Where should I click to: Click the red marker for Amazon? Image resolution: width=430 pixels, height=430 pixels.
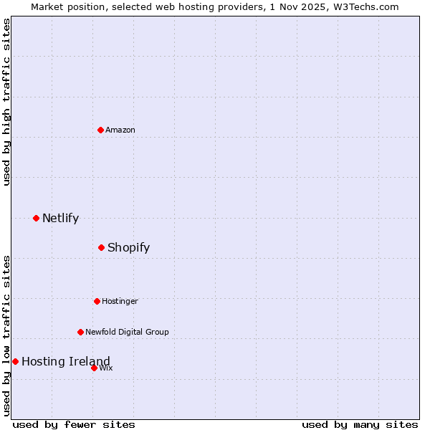(100, 130)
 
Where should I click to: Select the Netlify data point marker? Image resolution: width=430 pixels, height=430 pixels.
(36, 218)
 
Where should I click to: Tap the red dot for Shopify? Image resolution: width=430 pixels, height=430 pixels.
(101, 247)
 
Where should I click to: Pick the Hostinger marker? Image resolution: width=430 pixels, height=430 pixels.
(97, 301)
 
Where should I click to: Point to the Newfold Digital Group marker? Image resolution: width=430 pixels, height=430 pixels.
(80, 332)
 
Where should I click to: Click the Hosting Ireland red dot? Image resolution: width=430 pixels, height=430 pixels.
(15, 361)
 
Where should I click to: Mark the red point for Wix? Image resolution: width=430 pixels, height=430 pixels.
(94, 368)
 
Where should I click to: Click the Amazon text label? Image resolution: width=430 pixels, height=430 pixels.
(120, 130)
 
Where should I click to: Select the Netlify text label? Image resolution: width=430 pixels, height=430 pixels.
(60, 218)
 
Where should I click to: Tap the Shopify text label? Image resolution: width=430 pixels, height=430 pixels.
(128, 247)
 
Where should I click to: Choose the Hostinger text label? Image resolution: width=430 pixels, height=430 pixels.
(120, 301)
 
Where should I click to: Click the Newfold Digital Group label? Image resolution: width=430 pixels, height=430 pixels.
(127, 332)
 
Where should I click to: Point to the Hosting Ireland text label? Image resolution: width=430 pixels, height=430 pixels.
(66, 361)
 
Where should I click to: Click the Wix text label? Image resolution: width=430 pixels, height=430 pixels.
(106, 368)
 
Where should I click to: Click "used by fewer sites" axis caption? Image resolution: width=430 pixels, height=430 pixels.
(74, 424)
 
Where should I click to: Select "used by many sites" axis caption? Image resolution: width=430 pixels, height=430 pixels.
(360, 424)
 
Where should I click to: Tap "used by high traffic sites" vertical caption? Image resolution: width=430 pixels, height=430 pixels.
(6, 102)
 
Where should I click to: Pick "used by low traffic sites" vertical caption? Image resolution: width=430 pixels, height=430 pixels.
(6, 335)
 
